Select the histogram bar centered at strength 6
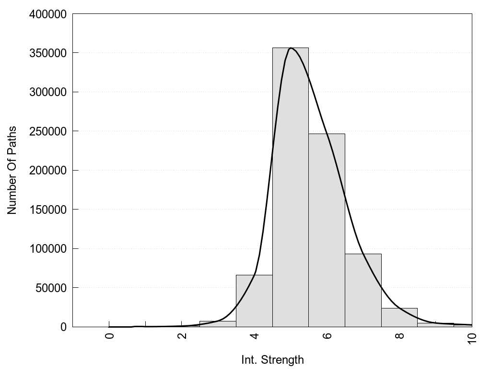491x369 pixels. point(327,231)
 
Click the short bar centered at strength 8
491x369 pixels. point(399,318)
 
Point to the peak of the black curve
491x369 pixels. point(291,48)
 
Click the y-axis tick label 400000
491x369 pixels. point(47,14)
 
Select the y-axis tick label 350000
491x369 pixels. point(47,53)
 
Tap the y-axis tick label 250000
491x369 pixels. point(47,131)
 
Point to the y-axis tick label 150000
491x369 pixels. point(47,209)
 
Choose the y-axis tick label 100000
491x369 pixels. point(47,249)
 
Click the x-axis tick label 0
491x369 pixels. point(109,335)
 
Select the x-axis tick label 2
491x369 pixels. point(182,335)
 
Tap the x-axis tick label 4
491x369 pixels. point(254,335)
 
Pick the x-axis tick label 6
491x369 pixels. point(327,335)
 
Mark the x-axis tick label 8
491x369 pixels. point(399,335)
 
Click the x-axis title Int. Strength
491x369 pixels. point(272,359)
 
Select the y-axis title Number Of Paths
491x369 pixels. point(12,170)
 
